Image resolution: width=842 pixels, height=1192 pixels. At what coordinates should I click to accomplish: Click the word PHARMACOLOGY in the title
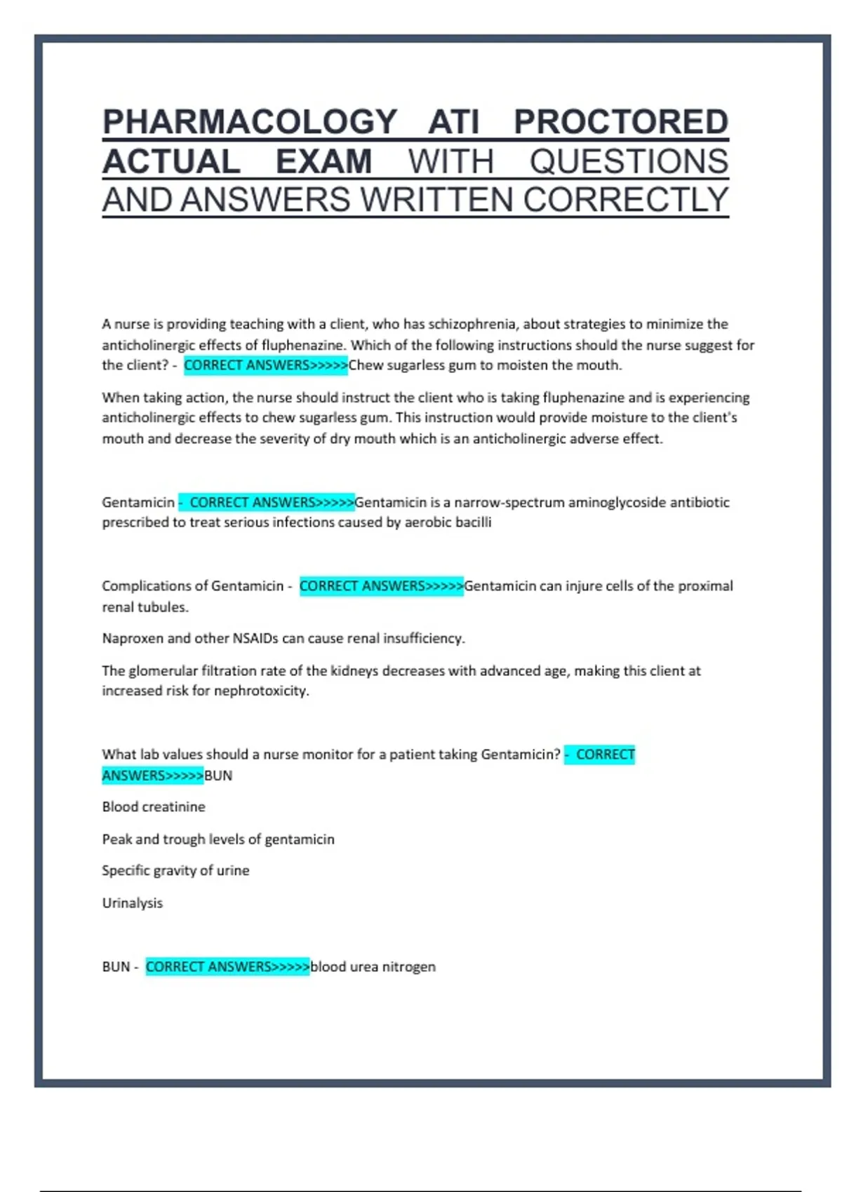[250, 122]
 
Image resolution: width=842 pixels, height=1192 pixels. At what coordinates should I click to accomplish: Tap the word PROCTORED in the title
[621, 122]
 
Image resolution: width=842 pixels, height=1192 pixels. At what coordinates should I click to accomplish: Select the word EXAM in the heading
[323, 162]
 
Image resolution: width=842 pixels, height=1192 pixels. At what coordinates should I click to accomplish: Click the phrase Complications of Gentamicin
[192, 586]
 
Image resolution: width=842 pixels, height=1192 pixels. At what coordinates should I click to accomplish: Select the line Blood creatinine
[154, 807]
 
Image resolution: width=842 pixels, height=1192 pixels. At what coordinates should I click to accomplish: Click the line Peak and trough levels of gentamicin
[218, 839]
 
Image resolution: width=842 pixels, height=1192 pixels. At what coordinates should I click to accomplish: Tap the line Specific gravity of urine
[175, 871]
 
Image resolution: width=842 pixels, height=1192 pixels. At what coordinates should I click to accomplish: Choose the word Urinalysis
[133, 903]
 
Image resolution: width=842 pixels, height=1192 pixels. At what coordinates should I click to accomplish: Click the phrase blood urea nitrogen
[373, 967]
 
